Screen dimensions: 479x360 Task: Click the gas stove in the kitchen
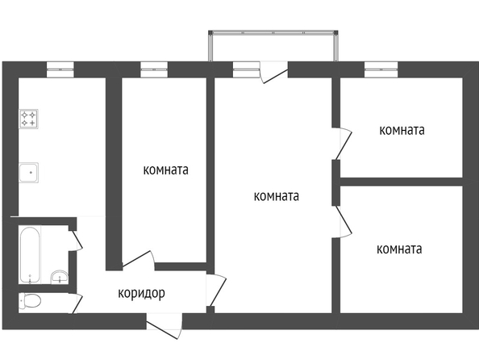tap(29, 119)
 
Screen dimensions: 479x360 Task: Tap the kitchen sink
tap(29, 173)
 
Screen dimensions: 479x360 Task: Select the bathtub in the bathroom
tap(30, 255)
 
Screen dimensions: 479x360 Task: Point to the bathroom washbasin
tap(60, 277)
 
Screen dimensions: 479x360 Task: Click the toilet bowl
tap(30, 301)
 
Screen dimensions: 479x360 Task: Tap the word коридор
tap(141, 293)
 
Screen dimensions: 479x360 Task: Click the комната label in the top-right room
tap(402, 130)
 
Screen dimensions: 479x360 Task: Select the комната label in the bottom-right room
tap(399, 249)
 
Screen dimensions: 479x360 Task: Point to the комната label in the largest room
tap(276, 196)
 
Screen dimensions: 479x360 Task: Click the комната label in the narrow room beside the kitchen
tap(165, 170)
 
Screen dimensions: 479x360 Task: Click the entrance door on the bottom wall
tap(165, 326)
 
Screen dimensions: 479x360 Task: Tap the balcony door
tap(274, 73)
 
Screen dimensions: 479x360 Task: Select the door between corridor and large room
tap(216, 289)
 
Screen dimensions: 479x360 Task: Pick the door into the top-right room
tap(342, 143)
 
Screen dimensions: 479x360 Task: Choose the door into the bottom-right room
tap(342, 222)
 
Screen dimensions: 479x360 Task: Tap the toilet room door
tap(77, 303)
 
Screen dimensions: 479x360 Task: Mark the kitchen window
tap(60, 69)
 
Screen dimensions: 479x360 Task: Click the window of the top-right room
tap(381, 69)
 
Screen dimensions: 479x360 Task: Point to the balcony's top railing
tap(273, 32)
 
